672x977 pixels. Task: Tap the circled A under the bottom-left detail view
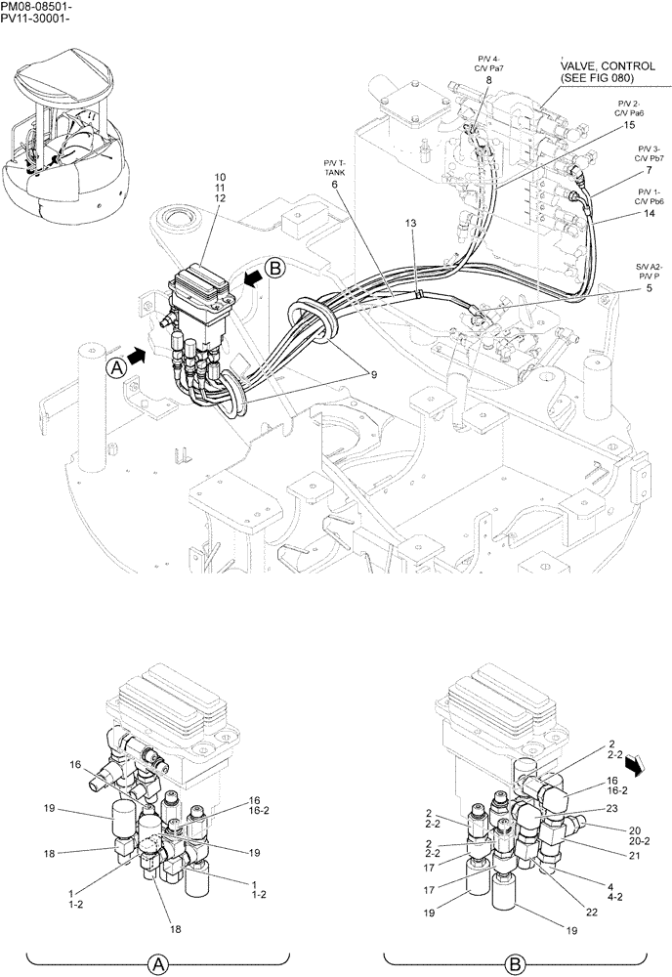click(x=156, y=964)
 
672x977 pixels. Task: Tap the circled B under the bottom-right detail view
click(x=514, y=964)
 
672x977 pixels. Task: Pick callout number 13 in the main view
click(x=411, y=224)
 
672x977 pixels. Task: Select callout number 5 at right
click(x=622, y=288)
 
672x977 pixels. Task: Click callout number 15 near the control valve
click(x=629, y=125)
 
